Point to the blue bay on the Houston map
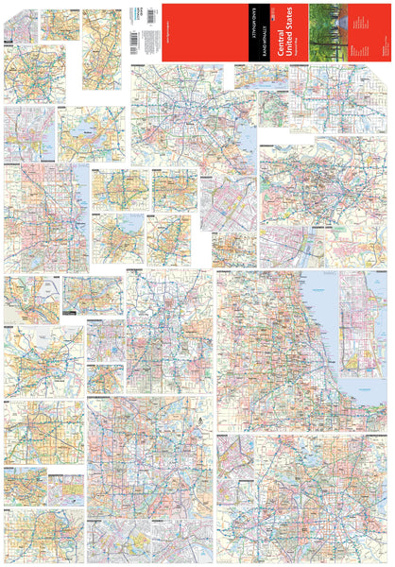point(244,142)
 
